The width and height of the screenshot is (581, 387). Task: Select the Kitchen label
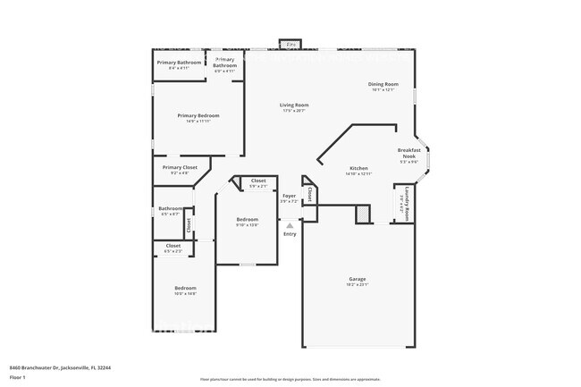pyautogui.click(x=358, y=170)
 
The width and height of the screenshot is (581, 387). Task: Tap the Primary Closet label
pyautogui.click(x=180, y=169)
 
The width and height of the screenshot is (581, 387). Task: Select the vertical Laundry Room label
pyautogui.click(x=406, y=202)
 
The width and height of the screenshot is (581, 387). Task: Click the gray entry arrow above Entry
pyautogui.click(x=290, y=226)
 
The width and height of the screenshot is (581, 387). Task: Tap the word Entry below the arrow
pyautogui.click(x=290, y=235)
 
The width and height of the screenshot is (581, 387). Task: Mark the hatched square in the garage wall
pyautogui.click(x=363, y=214)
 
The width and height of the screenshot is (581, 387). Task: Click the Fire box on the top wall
pyautogui.click(x=290, y=44)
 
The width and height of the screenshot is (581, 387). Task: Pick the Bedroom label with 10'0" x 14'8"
pyautogui.click(x=185, y=290)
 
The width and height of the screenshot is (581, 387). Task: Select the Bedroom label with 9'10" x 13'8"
pyautogui.click(x=247, y=221)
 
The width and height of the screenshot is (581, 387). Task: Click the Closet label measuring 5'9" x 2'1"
pyautogui.click(x=257, y=182)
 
